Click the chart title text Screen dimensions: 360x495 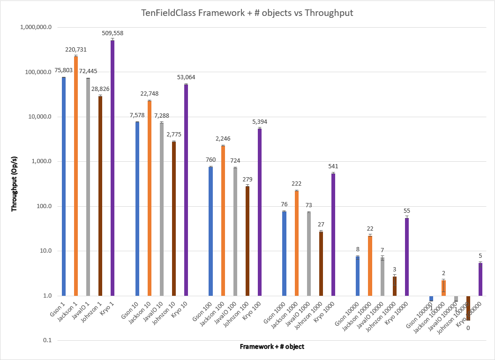[x=247, y=13]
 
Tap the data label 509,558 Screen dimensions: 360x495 [x=112, y=33]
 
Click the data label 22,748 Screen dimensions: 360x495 [x=149, y=94]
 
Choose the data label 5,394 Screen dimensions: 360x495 [x=260, y=122]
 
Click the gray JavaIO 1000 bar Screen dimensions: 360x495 [x=309, y=254]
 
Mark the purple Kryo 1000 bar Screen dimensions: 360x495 [x=333, y=234]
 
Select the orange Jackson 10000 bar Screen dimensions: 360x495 [x=370, y=265]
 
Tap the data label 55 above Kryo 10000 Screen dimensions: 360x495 [x=407, y=211]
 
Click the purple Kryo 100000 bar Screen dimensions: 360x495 [x=480, y=279]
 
